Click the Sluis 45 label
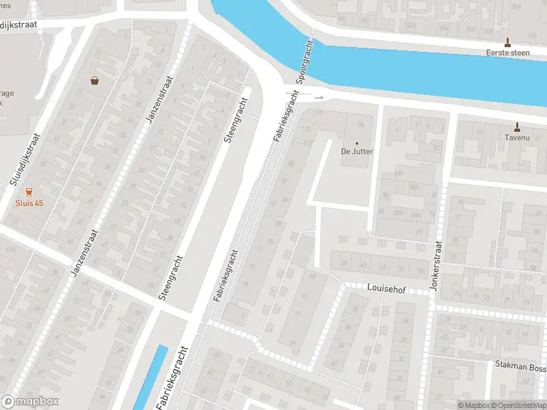click(29, 203)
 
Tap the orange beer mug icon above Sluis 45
click(29, 193)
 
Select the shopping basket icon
click(94, 81)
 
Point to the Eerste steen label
click(507, 53)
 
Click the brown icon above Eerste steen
click(507, 42)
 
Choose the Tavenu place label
click(517, 137)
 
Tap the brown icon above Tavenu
click(517, 126)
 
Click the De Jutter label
click(357, 151)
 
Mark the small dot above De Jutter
click(357, 142)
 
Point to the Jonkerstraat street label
click(438, 265)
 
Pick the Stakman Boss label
click(520, 366)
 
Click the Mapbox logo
click(30, 402)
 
